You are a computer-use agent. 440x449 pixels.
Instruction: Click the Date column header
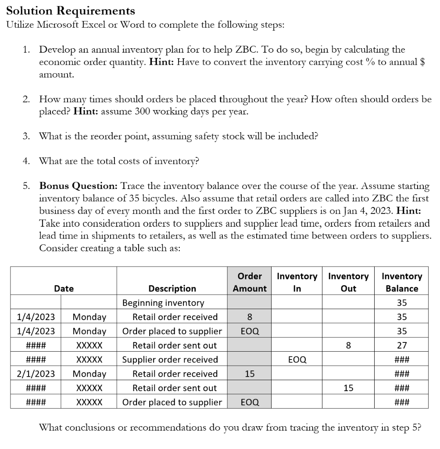pyautogui.click(x=64, y=289)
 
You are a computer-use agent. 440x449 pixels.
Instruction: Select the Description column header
pyautogui.click(x=172, y=289)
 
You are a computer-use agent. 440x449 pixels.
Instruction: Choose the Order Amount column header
pyautogui.click(x=249, y=282)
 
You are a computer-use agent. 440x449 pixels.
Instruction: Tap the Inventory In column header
pyautogui.click(x=297, y=282)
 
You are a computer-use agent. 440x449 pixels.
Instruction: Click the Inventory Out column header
pyautogui.click(x=348, y=282)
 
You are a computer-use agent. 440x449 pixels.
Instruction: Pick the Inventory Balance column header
pyautogui.click(x=401, y=282)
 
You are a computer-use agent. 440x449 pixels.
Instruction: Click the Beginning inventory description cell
pyautogui.click(x=163, y=303)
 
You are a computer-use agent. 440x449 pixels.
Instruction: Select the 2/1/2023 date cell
pyautogui.click(x=36, y=374)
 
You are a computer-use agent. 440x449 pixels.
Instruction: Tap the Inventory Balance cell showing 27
pyautogui.click(x=401, y=346)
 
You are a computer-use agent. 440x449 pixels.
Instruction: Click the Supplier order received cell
pyautogui.click(x=170, y=360)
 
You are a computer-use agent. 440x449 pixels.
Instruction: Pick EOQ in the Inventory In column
pyautogui.click(x=297, y=360)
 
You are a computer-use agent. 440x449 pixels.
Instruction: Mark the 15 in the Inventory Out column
pyautogui.click(x=348, y=388)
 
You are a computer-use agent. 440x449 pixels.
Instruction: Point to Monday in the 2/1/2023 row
pyautogui.click(x=89, y=374)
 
